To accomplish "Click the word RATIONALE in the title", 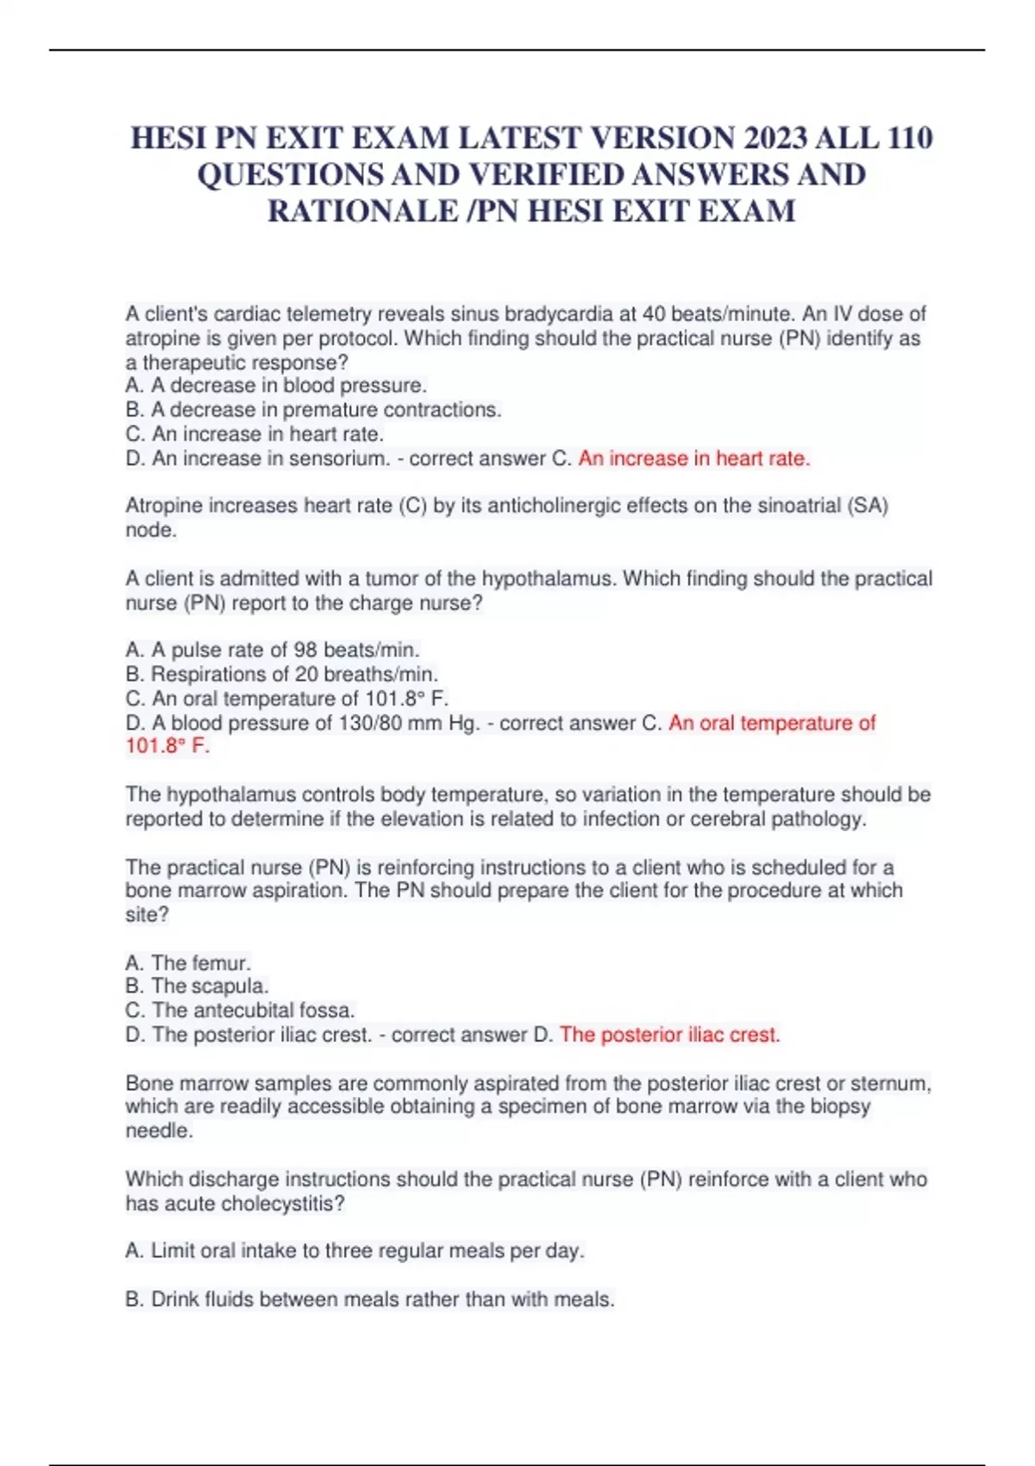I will pyautogui.click(x=362, y=211).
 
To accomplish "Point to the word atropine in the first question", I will pyautogui.click(x=161, y=338).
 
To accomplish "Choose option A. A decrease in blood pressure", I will pyautogui.click(x=276, y=385).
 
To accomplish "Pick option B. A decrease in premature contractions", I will pyautogui.click(x=313, y=410).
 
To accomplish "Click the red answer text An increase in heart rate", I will pyautogui.click(x=693, y=459).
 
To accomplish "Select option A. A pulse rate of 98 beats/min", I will pyautogui.click(x=273, y=649).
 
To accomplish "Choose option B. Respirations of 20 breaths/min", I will pyautogui.click(x=282, y=673).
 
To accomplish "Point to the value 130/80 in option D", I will pyautogui.click(x=370, y=723).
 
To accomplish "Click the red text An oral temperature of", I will pyautogui.click(x=771, y=723).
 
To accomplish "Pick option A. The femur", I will pyautogui.click(x=188, y=962).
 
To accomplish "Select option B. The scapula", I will pyautogui.click(x=198, y=986).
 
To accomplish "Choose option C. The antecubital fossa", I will pyautogui.click(x=241, y=1010).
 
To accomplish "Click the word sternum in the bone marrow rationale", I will pyautogui.click(x=889, y=1083).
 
